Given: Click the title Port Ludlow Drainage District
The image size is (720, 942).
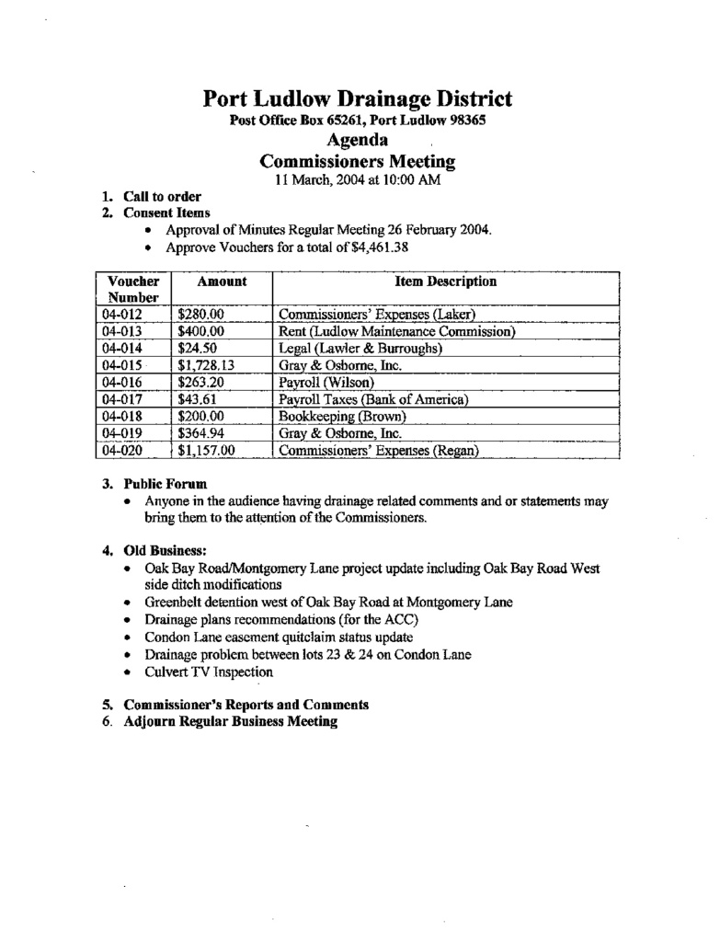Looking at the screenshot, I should [x=358, y=98].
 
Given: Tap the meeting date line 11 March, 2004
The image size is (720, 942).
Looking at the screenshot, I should [x=358, y=179].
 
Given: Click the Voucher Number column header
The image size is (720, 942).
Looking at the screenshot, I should [x=133, y=289].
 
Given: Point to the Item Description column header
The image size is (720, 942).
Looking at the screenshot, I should [x=445, y=281].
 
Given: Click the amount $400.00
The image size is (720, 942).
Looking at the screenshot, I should [x=201, y=331].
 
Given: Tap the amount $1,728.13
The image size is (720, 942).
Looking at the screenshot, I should [x=207, y=365].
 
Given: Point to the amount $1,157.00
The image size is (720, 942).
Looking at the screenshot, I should [x=207, y=451].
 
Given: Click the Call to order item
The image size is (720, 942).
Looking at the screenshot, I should [x=163, y=196].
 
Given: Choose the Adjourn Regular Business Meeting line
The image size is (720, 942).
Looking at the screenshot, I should [x=230, y=721].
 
